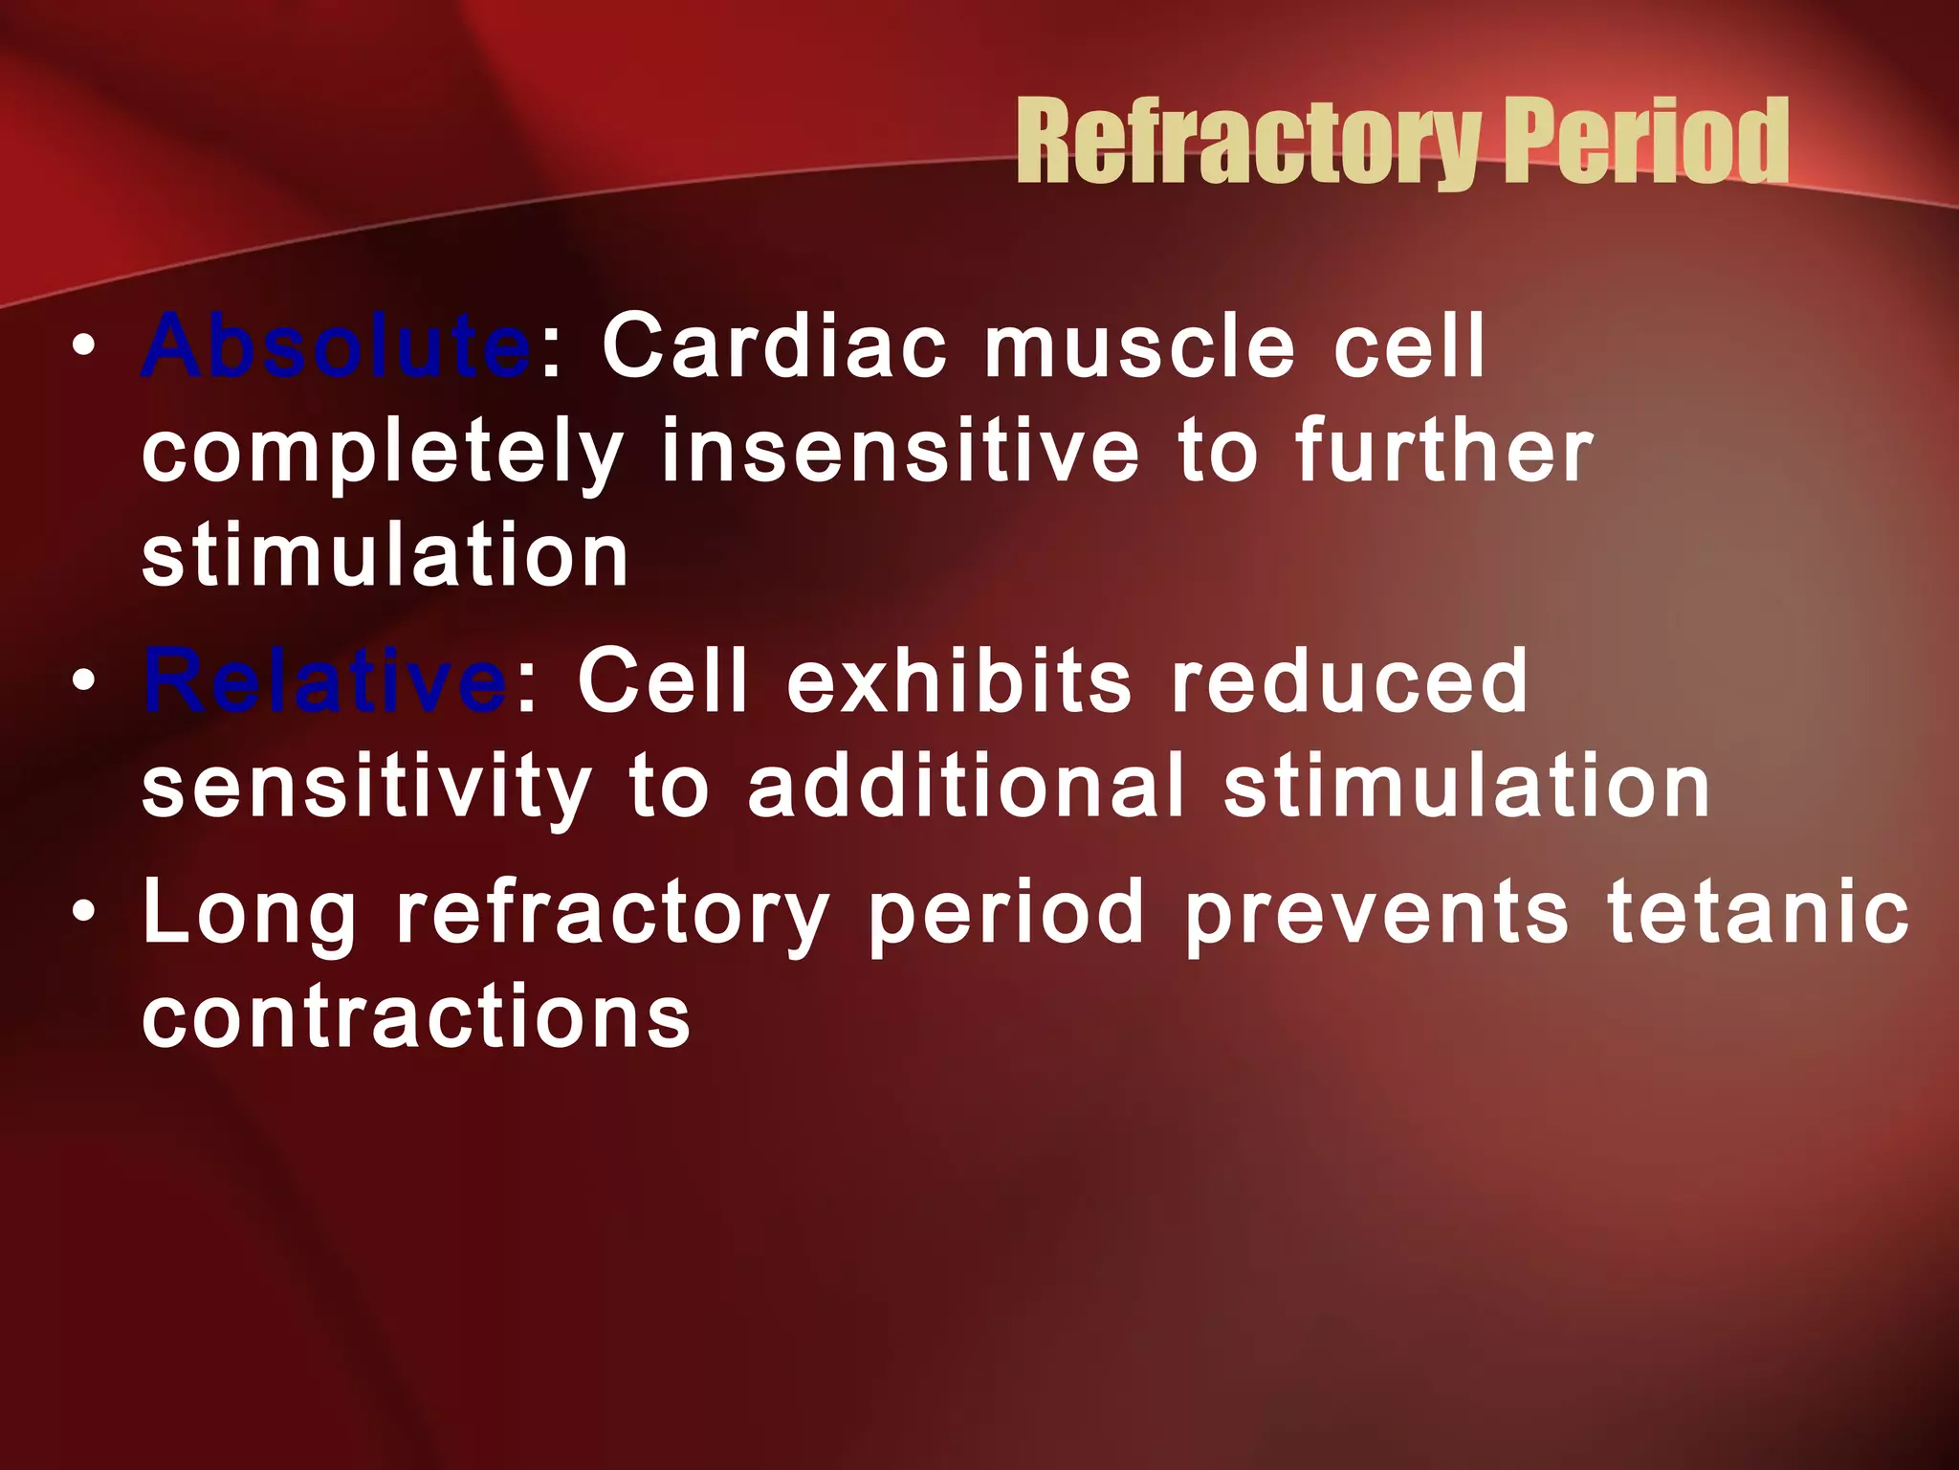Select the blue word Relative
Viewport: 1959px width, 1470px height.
click(x=324, y=680)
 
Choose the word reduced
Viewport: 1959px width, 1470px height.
click(x=1350, y=680)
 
